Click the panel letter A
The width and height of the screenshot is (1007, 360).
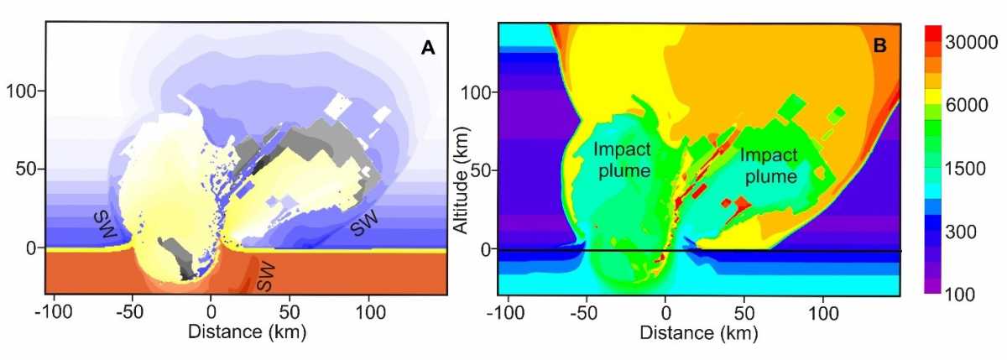coord(428,47)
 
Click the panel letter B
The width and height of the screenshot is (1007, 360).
coord(879,45)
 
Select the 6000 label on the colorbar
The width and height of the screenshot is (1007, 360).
coord(967,105)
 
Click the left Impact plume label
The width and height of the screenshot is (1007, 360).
coord(623,160)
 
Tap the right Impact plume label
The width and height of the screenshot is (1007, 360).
coord(770,165)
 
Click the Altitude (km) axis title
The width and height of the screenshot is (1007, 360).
coord(462,180)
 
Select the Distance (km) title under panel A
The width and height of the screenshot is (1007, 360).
coord(248,332)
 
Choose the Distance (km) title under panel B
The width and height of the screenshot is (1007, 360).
coord(699,333)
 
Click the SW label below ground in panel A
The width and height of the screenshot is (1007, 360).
coord(265,276)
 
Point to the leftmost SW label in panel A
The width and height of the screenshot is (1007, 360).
coord(105,225)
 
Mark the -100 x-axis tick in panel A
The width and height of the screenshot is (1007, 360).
coord(54,311)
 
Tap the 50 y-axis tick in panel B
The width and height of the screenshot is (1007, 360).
coord(481,170)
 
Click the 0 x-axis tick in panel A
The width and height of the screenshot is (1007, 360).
coord(211,311)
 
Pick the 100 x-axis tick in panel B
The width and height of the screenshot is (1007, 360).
coord(823,313)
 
